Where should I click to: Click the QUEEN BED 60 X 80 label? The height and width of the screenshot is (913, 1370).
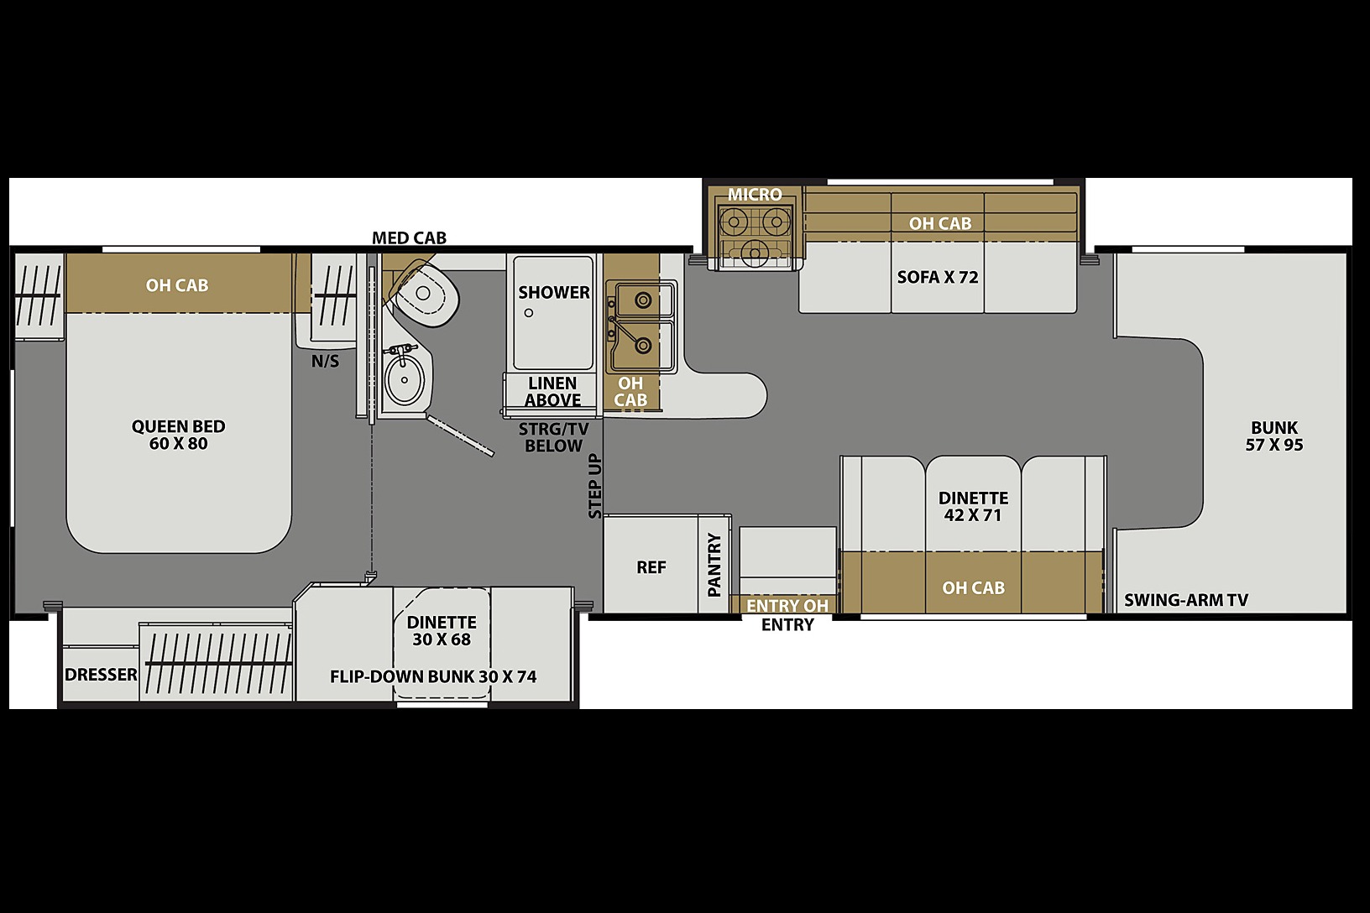pos(178,435)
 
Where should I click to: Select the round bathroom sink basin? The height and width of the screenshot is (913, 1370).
pos(405,379)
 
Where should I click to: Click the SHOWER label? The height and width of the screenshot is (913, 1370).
pos(554,292)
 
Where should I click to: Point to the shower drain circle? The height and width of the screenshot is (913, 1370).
pos(529,313)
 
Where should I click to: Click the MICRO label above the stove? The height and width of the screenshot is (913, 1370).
pos(755,195)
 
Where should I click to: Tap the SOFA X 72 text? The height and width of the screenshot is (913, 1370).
pos(938,278)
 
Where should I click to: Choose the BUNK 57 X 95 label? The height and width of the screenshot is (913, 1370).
pos(1274,436)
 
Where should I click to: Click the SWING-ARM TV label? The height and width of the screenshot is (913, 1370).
pos(1186,601)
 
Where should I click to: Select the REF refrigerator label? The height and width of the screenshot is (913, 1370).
pos(651,567)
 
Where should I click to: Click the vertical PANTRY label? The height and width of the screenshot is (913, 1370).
pos(714,565)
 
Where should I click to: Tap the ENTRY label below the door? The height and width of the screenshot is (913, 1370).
pos(787,625)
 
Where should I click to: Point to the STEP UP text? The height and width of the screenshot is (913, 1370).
pos(595,486)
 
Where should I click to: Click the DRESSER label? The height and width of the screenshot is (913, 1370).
pos(101,675)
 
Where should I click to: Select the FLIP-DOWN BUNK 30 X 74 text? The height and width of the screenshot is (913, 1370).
pos(433,677)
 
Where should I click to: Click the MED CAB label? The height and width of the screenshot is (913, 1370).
pos(409,237)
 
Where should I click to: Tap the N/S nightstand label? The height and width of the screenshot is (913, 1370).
pos(325,362)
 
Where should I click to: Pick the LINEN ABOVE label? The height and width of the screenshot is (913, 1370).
pos(553,392)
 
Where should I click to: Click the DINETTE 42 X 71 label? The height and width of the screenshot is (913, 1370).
pos(973,506)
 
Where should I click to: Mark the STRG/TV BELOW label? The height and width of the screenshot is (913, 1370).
pos(553,437)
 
